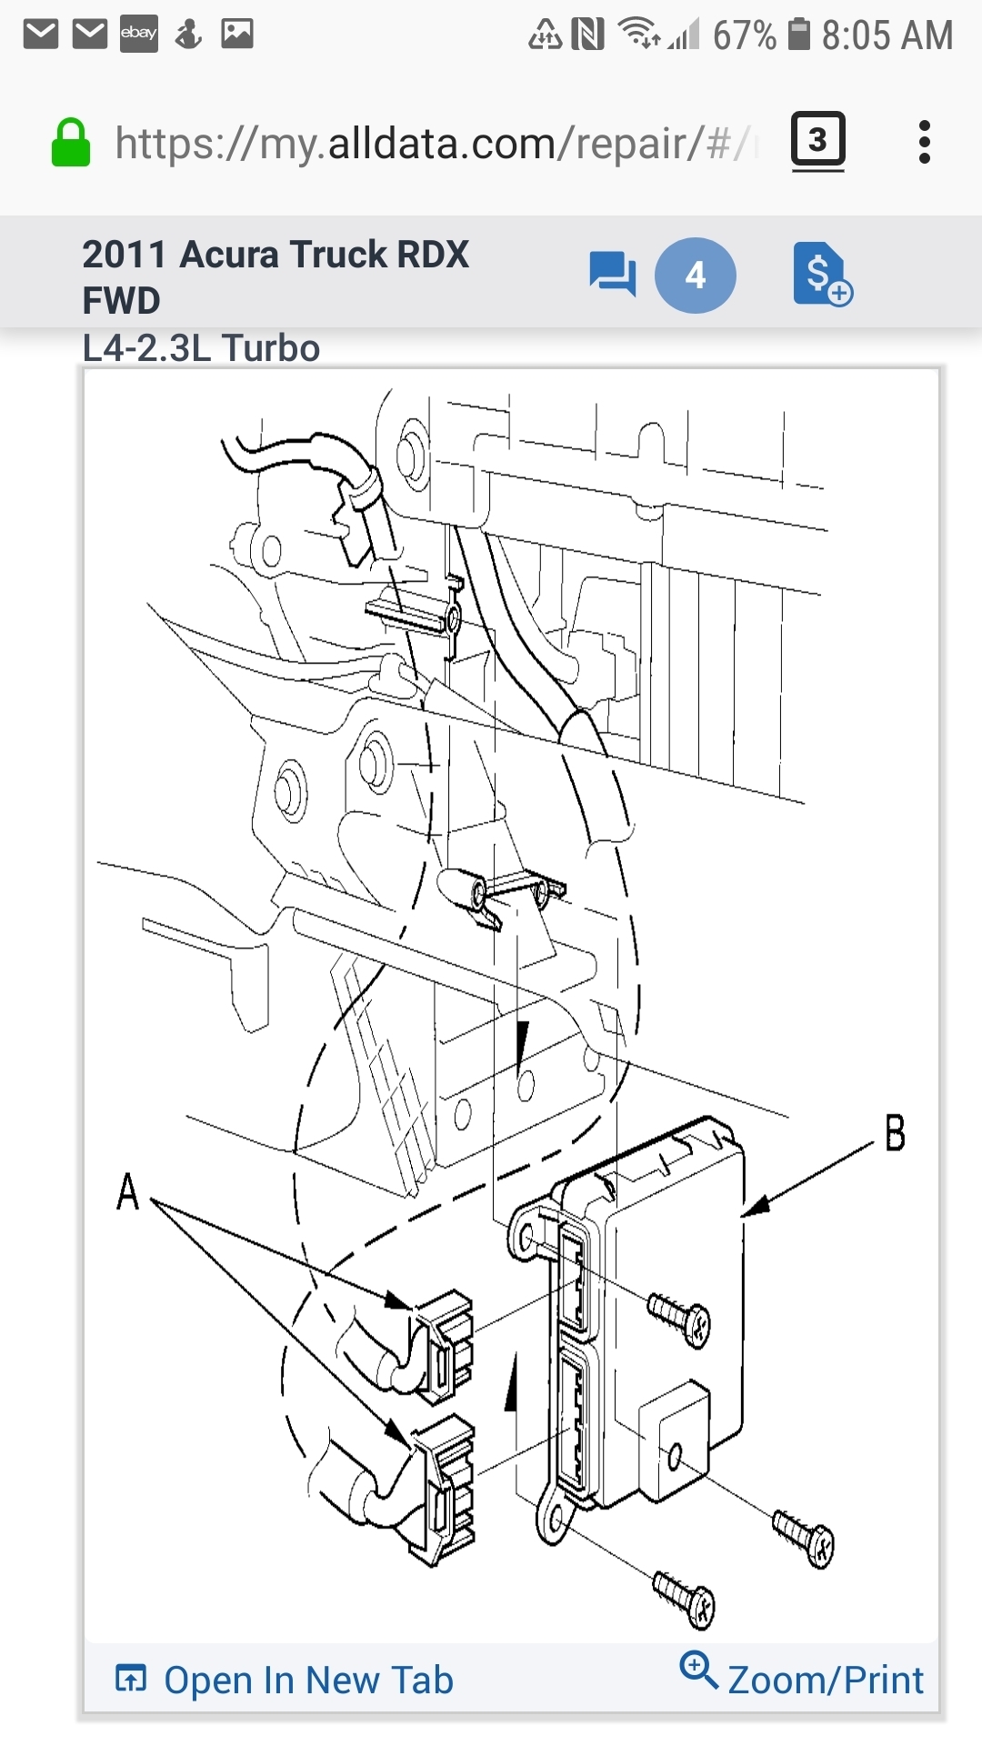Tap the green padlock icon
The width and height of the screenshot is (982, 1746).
pyautogui.click(x=71, y=144)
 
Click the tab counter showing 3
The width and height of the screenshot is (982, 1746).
pyautogui.click(x=817, y=140)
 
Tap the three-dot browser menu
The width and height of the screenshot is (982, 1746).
pyautogui.click(x=925, y=142)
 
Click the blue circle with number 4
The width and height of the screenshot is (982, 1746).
pyautogui.click(x=696, y=275)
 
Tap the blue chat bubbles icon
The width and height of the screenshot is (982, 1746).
pyautogui.click(x=612, y=273)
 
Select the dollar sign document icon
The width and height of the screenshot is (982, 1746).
pyautogui.click(x=821, y=274)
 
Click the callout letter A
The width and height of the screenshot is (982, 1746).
pyautogui.click(x=128, y=1190)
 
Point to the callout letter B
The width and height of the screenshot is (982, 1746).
pyautogui.click(x=895, y=1133)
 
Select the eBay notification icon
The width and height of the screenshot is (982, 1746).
pyautogui.click(x=138, y=35)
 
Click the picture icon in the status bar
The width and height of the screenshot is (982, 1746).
pyautogui.click(x=237, y=35)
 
